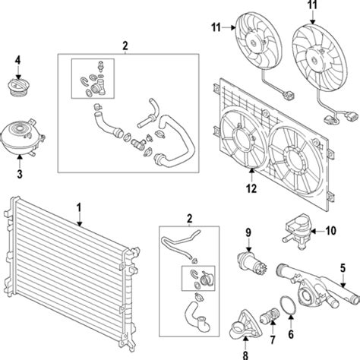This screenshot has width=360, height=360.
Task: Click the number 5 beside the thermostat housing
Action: pyautogui.click(x=343, y=267)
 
